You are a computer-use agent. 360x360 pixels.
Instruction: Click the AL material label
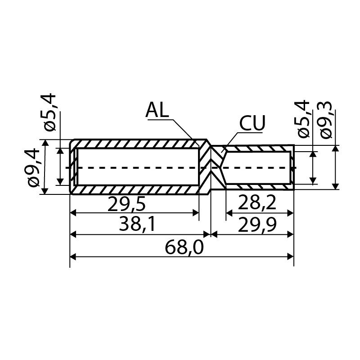click(157, 110)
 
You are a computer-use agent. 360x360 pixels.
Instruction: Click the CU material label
click(252, 123)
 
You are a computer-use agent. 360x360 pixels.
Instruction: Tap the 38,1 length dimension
click(138, 225)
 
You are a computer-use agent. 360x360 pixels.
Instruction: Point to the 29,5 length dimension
click(126, 204)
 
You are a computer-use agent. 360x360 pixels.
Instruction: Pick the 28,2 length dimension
click(257, 202)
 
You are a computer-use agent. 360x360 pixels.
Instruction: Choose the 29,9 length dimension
click(257, 225)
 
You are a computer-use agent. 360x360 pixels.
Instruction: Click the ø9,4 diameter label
click(33, 167)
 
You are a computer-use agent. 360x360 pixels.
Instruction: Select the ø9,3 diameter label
click(325, 119)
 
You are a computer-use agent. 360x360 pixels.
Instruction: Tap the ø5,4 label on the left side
click(50, 112)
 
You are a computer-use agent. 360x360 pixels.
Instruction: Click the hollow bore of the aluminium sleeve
click(138, 166)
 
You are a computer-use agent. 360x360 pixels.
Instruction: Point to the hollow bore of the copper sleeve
click(257, 167)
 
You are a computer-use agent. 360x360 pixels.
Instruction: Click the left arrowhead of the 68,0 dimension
click(73, 256)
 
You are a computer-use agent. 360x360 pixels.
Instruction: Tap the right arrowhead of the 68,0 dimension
click(290, 256)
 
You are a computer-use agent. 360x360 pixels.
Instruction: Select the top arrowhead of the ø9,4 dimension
click(45, 143)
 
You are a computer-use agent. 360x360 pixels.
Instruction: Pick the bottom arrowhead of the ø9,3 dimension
click(336, 186)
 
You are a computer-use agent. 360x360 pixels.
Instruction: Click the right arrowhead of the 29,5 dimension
click(196, 213)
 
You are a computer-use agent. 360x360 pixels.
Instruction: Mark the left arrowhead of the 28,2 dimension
click(229, 213)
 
